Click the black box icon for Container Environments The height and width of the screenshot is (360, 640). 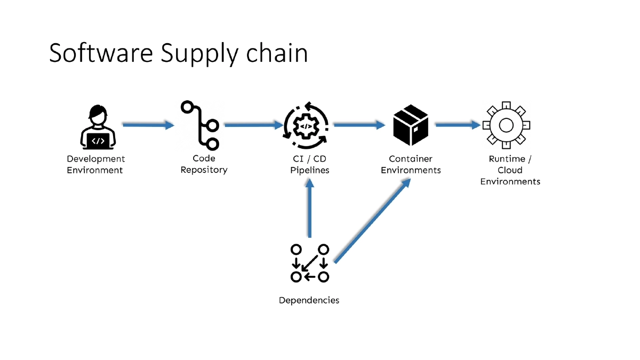click(x=411, y=125)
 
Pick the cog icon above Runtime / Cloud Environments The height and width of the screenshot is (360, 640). click(x=506, y=125)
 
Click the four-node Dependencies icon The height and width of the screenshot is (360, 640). click(x=309, y=263)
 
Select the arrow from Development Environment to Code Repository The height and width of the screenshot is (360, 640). click(x=148, y=125)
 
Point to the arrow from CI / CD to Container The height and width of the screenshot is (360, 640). click(x=359, y=125)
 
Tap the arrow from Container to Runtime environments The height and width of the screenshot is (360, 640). click(x=458, y=125)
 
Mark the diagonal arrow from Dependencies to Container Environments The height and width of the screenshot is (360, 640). click(x=372, y=221)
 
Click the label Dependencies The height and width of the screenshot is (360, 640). click(x=309, y=300)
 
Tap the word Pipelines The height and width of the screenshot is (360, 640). click(x=310, y=170)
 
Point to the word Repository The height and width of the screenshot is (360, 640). click(x=204, y=170)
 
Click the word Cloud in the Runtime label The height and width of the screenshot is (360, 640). click(x=510, y=170)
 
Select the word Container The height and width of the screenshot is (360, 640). click(x=410, y=158)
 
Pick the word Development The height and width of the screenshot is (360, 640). click(x=96, y=158)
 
